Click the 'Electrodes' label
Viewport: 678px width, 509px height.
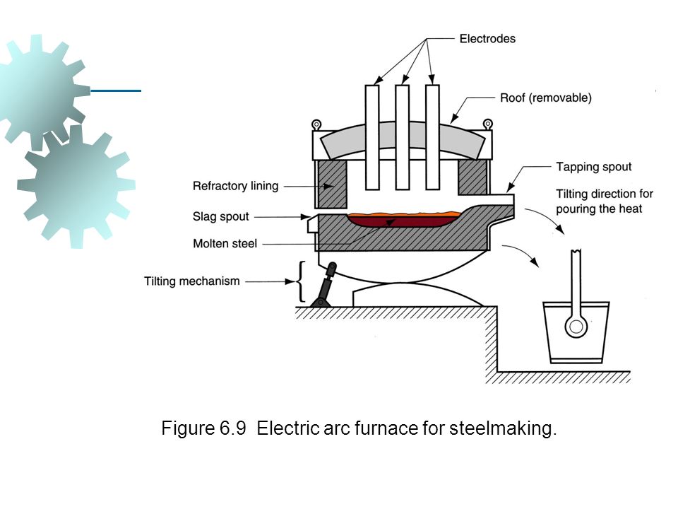pyautogui.click(x=487, y=39)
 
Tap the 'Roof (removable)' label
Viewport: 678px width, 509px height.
pyautogui.click(x=546, y=98)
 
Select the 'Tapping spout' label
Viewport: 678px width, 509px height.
pyautogui.click(x=594, y=167)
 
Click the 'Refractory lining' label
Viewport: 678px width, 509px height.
pyautogui.click(x=236, y=186)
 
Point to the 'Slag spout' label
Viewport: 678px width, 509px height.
pyautogui.click(x=221, y=216)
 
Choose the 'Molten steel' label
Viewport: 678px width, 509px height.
pyautogui.click(x=225, y=244)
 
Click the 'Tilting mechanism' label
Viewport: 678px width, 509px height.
pyautogui.click(x=192, y=281)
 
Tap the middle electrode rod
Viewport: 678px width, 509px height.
pyautogui.click(x=402, y=137)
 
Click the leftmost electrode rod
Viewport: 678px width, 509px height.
pyautogui.click(x=372, y=137)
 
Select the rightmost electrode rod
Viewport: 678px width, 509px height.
pyautogui.click(x=432, y=137)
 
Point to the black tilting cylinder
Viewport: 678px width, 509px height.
pyautogui.click(x=324, y=285)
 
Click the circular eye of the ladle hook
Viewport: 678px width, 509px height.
pyautogui.click(x=576, y=327)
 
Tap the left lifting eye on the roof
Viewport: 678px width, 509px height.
pyautogui.click(x=317, y=124)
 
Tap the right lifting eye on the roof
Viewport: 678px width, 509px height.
pyautogui.click(x=488, y=124)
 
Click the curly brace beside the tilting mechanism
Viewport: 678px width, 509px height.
pyautogui.click(x=301, y=281)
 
